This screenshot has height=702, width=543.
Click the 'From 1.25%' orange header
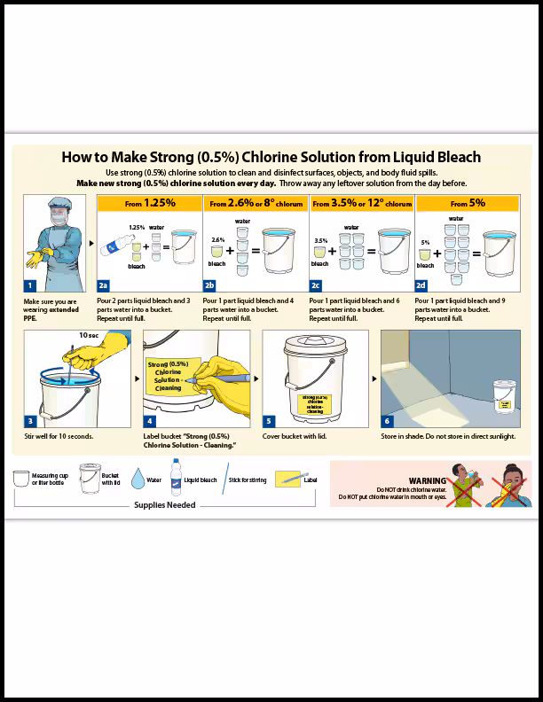[149, 203]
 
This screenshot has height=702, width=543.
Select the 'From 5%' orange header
[467, 203]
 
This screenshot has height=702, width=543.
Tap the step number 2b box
[209, 285]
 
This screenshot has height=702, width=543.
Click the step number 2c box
[316, 285]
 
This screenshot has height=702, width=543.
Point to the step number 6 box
[387, 421]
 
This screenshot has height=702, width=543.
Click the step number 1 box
[29, 285]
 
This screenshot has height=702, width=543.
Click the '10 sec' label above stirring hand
[89, 336]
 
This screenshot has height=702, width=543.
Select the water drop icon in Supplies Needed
[138, 480]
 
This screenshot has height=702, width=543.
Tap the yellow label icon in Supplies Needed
[287, 480]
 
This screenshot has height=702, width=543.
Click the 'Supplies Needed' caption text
[164, 505]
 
